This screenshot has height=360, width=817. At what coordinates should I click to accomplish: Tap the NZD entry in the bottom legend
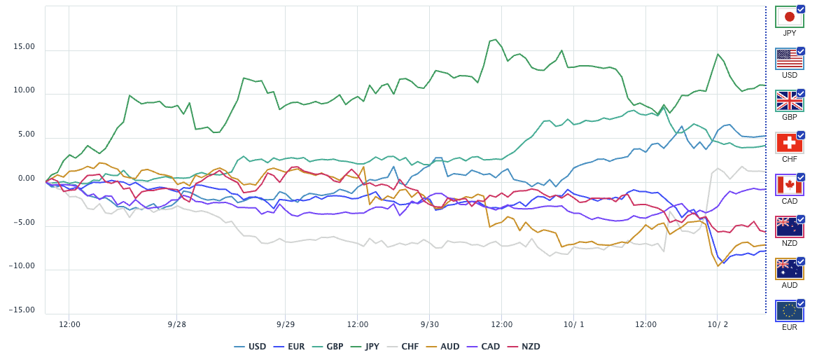click(524, 346)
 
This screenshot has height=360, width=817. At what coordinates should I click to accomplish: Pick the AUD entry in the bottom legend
click(443, 346)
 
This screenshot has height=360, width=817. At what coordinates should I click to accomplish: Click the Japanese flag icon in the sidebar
click(790, 17)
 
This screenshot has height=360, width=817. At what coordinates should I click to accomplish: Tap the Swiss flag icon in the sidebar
click(790, 142)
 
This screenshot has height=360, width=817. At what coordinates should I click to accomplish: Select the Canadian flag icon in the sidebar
click(790, 184)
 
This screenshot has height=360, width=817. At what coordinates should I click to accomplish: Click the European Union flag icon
click(790, 311)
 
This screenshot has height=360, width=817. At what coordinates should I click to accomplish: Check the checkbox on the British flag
click(801, 94)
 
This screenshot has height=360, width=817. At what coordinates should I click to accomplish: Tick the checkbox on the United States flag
click(801, 52)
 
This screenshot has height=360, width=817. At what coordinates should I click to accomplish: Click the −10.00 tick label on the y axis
click(22, 266)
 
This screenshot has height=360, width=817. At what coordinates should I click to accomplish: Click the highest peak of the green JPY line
click(495, 39)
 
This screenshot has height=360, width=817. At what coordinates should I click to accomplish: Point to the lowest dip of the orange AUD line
click(718, 265)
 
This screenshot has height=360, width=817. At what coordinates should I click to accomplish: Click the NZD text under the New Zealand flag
click(790, 243)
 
